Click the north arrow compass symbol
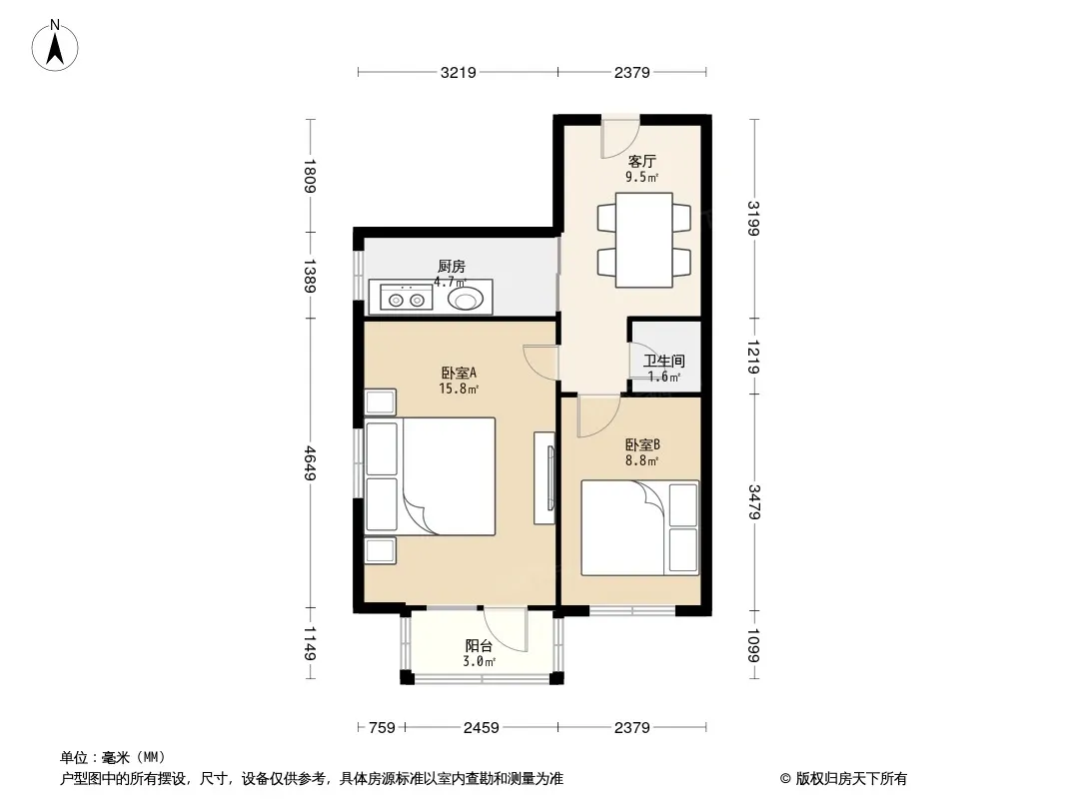coord(55,46)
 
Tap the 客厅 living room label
coord(641,161)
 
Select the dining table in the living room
coord(643,240)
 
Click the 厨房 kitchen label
coord(452,266)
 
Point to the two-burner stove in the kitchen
coord(407,298)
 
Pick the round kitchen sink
coord(466,298)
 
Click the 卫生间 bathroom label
coord(663,362)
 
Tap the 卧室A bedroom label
coord(460,373)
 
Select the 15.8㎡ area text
coord(460,389)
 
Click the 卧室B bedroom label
coord(642,444)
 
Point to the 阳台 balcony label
coord(479,645)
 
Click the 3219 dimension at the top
coord(459,72)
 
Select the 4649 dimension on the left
coord(310,463)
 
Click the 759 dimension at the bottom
coord(382,728)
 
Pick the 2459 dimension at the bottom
coord(481,728)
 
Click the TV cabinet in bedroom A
coord(544,478)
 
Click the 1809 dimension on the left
coord(310,176)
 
